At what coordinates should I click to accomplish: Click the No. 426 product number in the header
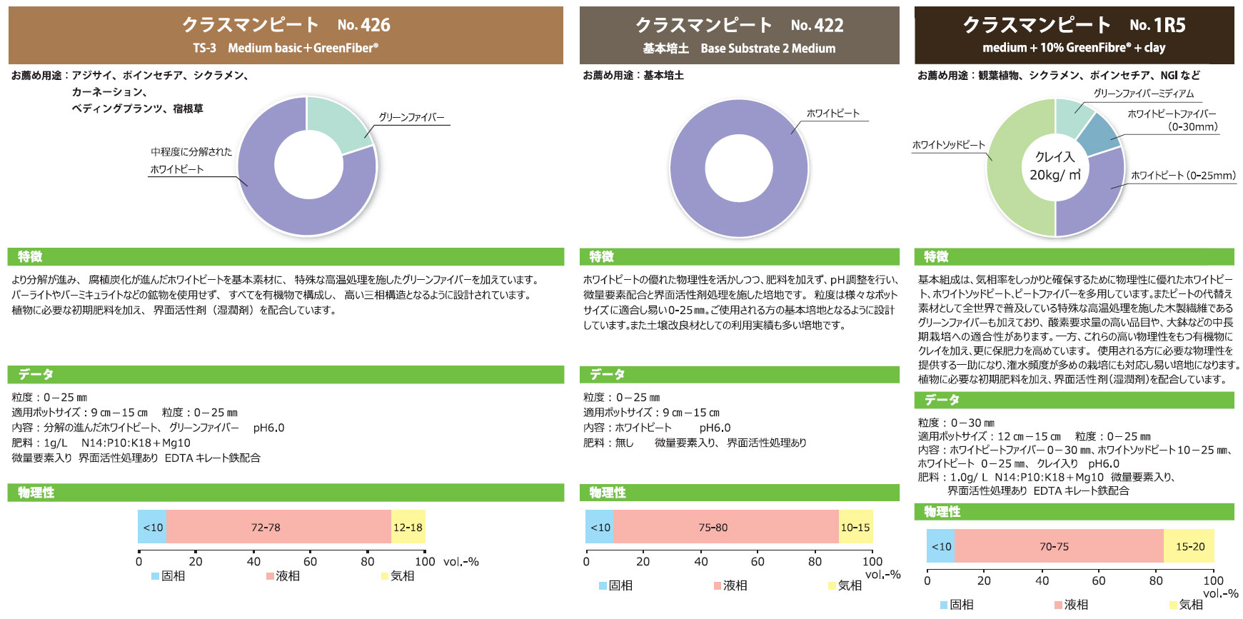point(364,25)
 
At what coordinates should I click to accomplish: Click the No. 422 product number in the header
point(817,25)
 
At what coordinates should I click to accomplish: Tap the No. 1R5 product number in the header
point(1157,25)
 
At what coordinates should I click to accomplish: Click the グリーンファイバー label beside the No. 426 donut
point(411,117)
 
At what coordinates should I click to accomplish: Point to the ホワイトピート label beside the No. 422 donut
point(832,113)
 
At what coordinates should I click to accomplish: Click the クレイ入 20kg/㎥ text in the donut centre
point(1055,166)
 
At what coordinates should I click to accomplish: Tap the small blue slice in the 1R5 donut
point(1099,134)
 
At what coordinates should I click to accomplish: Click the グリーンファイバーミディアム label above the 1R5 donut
point(1143,94)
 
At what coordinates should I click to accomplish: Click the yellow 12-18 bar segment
point(408,527)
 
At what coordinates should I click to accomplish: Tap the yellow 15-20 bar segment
point(1189,546)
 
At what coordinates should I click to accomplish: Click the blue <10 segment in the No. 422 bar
point(600,527)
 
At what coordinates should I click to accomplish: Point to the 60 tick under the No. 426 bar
point(310,561)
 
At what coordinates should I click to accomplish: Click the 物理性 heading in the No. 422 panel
point(607,493)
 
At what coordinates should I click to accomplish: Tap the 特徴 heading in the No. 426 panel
point(30,257)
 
